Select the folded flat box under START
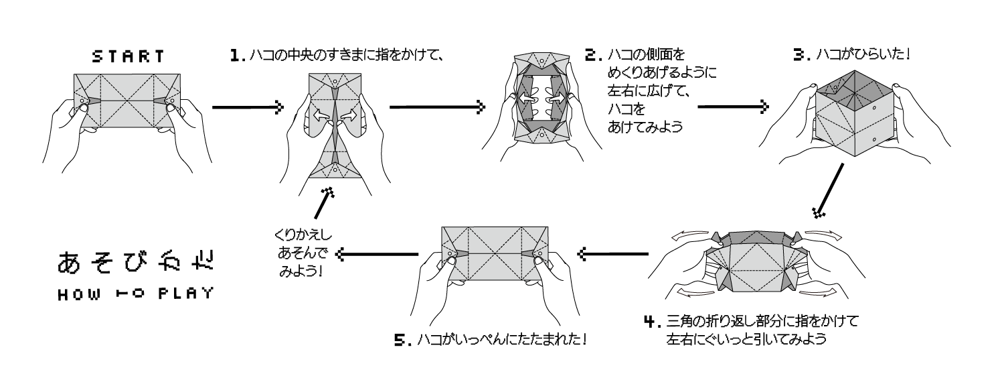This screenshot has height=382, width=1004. click(127, 101)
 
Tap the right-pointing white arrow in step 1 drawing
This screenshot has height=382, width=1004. click(346, 115)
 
